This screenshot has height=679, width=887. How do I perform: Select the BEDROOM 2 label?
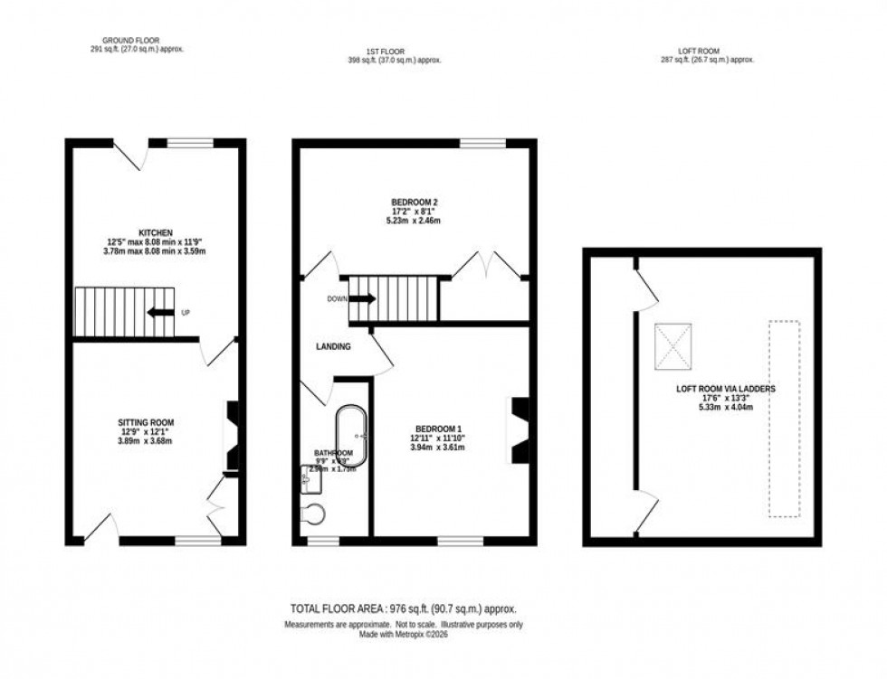click(x=415, y=202)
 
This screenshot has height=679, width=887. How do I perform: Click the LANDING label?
click(x=332, y=346)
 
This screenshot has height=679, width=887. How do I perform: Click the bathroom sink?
click(x=306, y=480)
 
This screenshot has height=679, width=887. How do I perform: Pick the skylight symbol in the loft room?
click(x=673, y=347)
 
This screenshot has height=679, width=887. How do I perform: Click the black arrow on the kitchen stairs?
click(x=160, y=313)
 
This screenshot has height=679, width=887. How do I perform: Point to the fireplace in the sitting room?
click(x=233, y=437)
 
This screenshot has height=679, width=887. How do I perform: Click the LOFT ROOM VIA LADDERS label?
click(x=725, y=389)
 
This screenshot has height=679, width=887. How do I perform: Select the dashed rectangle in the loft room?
click(x=785, y=418)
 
